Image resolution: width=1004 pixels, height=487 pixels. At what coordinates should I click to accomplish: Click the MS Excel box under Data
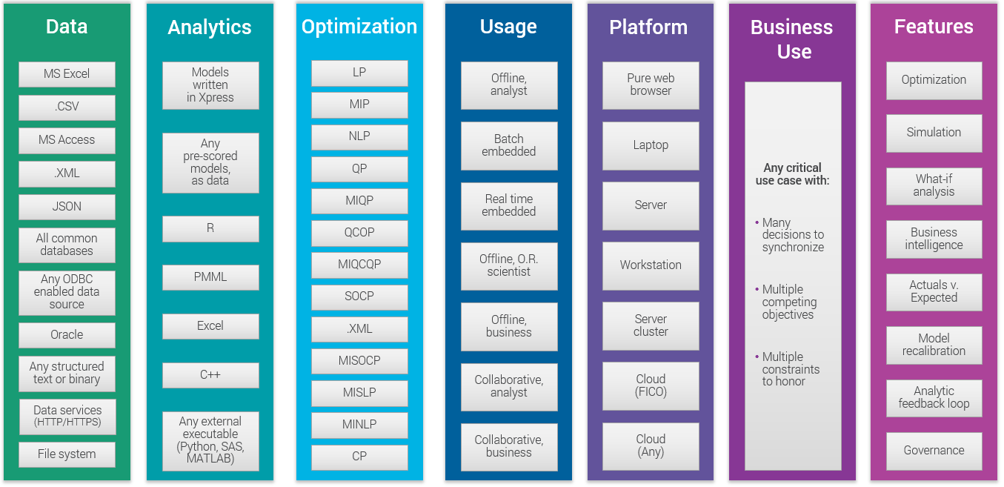tap(67, 74)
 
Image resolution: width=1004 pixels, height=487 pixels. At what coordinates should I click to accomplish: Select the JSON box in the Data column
tap(67, 207)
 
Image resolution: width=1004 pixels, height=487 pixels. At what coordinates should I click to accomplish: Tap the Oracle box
tap(67, 335)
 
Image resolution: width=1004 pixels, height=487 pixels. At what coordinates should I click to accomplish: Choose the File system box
tap(67, 454)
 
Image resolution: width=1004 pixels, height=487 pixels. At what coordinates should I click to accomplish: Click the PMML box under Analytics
tap(210, 277)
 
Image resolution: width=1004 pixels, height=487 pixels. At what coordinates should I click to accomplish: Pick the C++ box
tap(210, 375)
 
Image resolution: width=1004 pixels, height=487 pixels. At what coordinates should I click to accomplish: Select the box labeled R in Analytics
tap(210, 228)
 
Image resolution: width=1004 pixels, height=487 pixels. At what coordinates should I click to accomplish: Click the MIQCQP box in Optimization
tap(359, 265)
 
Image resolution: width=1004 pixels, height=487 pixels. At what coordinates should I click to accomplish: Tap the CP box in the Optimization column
tap(359, 457)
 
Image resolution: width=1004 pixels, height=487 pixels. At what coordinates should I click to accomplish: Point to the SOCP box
tap(359, 296)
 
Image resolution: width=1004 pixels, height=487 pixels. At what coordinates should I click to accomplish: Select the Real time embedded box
tap(509, 205)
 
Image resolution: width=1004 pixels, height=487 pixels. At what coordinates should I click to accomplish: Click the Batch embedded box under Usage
tap(509, 145)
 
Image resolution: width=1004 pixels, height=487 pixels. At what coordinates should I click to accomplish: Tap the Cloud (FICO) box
tap(651, 385)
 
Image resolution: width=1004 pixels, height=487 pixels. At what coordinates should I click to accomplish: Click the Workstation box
tap(651, 265)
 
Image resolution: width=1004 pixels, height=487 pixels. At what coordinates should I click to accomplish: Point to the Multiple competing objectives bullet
tap(789, 302)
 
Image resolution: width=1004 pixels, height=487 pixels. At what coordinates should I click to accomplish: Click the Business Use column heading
tap(792, 39)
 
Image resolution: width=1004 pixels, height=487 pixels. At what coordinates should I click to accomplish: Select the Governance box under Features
tap(934, 451)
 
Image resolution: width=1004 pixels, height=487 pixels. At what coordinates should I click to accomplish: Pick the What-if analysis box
tap(934, 185)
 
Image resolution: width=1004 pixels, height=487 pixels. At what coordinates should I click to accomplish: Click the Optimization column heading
tap(359, 27)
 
